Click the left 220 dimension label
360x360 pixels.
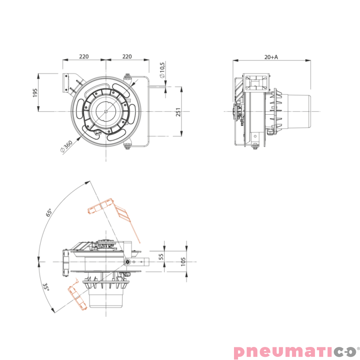pos(84,56)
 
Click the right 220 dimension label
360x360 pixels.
pos(127,56)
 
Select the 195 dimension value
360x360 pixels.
pos(35,93)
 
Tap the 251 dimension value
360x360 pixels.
pos(178,112)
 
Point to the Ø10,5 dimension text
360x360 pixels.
pos(162,70)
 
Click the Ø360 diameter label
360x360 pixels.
pos(66,146)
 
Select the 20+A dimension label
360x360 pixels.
pos(271,57)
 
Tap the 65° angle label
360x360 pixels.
pos(49,212)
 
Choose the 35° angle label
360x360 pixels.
pos(46,287)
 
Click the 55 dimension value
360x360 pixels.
pos(161,256)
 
